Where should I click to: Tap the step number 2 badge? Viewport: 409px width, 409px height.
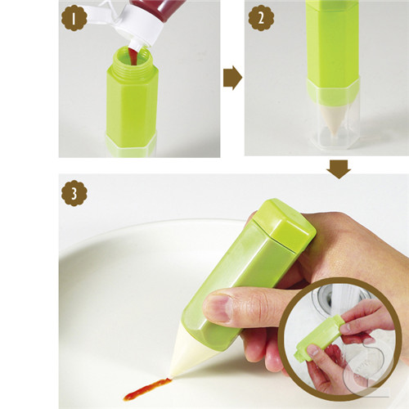click(x=261, y=18)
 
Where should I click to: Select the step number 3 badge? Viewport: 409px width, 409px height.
click(x=74, y=193)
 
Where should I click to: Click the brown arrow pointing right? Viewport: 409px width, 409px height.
click(x=232, y=78)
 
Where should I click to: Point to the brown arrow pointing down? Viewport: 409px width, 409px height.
click(x=339, y=169)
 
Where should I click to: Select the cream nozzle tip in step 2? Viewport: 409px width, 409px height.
click(x=333, y=120)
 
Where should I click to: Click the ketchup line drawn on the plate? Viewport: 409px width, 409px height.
click(x=147, y=389)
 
